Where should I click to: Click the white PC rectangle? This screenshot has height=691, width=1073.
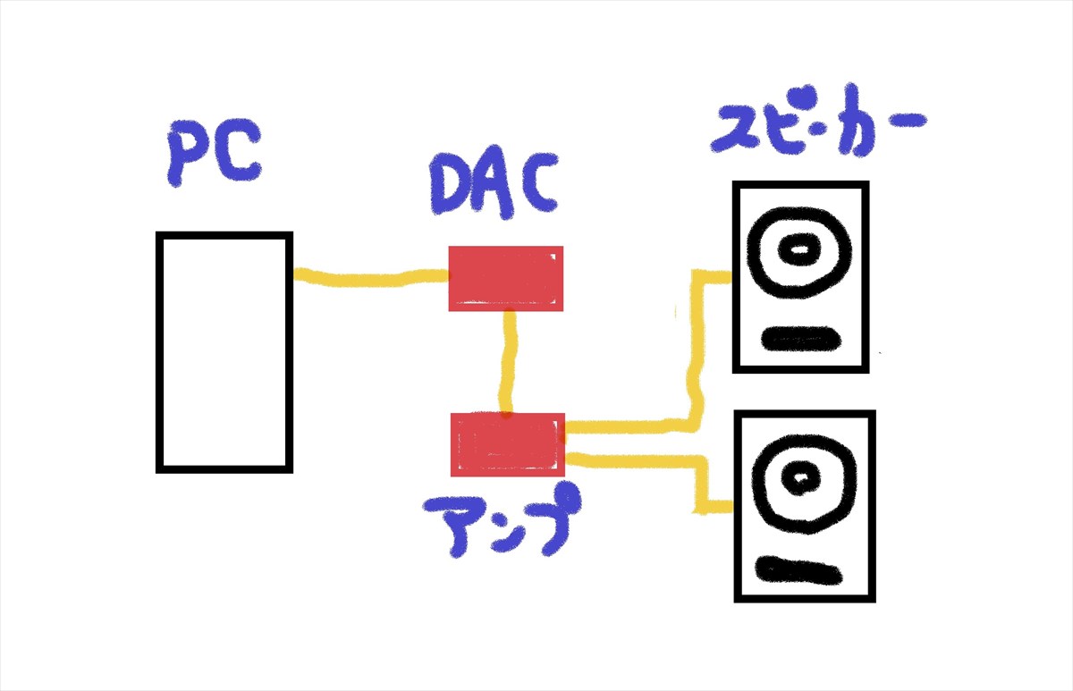click(224, 351)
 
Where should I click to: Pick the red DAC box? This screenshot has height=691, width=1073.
click(505, 278)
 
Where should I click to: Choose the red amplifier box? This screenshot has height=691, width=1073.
click(507, 444)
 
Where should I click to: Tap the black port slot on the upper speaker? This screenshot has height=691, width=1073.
click(801, 338)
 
